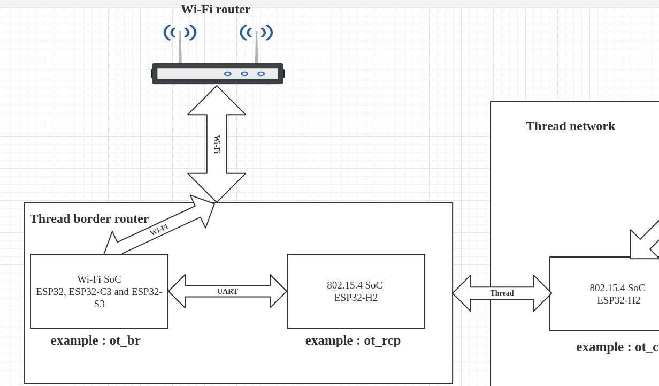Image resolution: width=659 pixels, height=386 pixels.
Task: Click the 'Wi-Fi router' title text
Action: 216,10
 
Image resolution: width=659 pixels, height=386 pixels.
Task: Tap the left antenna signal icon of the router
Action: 180,33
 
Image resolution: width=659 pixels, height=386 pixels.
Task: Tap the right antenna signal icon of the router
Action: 256,33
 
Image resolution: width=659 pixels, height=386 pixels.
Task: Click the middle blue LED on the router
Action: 244,74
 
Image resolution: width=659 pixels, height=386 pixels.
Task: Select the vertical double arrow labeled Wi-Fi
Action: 217,144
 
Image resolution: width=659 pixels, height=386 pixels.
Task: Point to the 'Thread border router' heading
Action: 89,218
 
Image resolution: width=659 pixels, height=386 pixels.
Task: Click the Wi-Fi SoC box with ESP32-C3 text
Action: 99,291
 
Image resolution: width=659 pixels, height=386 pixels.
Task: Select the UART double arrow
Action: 227,291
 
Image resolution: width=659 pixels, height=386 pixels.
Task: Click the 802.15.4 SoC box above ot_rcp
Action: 356,291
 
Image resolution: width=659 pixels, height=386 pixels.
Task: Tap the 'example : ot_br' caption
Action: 96,340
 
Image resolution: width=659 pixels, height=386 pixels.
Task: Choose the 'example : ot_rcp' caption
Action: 353,340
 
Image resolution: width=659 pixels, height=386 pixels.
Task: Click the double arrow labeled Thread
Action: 502,293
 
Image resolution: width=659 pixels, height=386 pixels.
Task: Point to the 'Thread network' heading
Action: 570,126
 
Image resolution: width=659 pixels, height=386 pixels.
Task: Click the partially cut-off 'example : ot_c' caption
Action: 617,347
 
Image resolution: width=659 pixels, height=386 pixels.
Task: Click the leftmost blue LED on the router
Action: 228,74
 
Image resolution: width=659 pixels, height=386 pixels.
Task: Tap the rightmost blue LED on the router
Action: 261,74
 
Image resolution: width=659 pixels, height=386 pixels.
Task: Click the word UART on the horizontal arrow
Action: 227,291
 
